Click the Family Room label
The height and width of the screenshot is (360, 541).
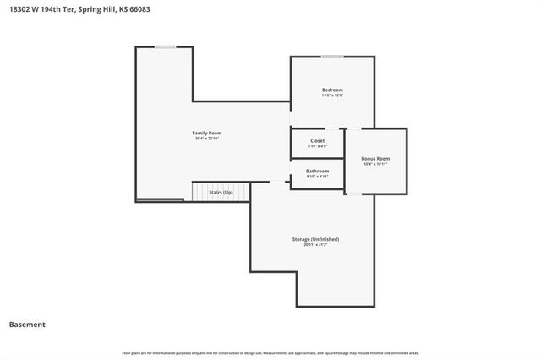click(207, 133)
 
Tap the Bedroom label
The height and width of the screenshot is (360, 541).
click(332, 90)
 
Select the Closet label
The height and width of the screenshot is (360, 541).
click(317, 140)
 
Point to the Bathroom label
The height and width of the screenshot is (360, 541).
click(317, 172)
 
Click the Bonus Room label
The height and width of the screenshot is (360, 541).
click(375, 158)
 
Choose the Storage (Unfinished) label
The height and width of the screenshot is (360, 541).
click(315, 239)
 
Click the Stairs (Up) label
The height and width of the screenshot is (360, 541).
click(221, 192)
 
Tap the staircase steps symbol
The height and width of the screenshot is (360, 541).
click(201, 193)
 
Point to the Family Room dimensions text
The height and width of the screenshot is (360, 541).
click(207, 139)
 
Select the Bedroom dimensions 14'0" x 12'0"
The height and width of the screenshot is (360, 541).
click(332, 95)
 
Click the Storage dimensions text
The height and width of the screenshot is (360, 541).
click(315, 245)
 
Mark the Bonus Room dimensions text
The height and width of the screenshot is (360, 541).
click(375, 164)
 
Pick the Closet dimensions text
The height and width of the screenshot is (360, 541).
click(317, 146)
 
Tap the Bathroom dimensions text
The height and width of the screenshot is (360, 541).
click(317, 177)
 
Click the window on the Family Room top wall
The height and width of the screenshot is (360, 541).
click(166, 47)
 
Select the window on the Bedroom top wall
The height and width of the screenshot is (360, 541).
click(332, 57)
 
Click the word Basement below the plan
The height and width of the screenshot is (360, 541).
click(27, 325)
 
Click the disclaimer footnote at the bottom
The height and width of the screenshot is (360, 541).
click(270, 352)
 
